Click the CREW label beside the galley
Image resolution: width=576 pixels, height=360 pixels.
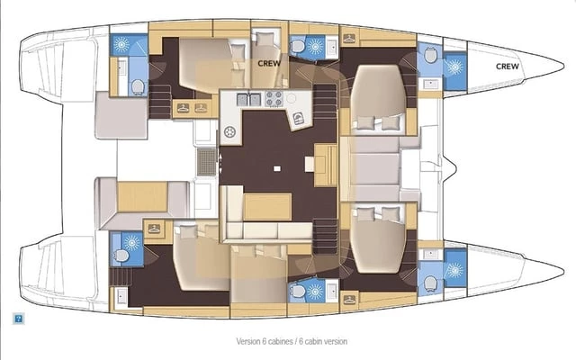(x=269, y=63)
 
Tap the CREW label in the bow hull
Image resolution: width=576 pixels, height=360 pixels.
(x=508, y=66)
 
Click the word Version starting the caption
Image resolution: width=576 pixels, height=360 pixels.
(x=248, y=341)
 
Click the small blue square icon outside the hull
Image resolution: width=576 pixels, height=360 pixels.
(x=18, y=319)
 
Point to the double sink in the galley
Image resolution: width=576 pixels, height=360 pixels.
(x=248, y=99)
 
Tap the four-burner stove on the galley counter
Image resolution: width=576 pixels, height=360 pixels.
(x=274, y=98)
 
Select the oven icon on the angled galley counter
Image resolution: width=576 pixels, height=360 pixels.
(x=298, y=118)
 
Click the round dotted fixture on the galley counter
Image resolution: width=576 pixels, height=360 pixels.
(x=230, y=131)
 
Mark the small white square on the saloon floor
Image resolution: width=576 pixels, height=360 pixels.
(x=277, y=168)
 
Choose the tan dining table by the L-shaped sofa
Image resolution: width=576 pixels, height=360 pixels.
(x=267, y=207)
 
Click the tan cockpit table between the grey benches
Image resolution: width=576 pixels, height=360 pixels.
(x=142, y=196)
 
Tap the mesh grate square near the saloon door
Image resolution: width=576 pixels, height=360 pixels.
(x=207, y=162)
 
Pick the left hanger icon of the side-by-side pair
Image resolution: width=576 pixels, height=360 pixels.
(x=183, y=108)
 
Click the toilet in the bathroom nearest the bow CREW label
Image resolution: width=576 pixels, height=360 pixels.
(x=430, y=55)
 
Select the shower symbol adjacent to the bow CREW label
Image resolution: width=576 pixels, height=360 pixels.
(x=454, y=67)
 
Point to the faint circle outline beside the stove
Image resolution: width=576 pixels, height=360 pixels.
(x=292, y=98)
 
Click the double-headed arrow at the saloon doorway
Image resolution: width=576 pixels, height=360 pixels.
(x=220, y=163)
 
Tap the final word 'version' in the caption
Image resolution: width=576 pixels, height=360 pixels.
(x=335, y=341)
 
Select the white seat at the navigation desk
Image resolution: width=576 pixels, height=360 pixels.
(x=310, y=164)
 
